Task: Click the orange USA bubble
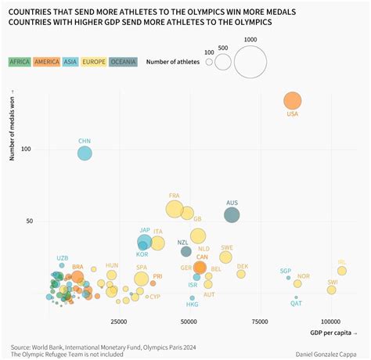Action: (292, 100)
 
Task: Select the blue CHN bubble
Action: (85, 153)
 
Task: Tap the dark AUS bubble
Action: (232, 214)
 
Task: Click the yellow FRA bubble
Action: (175, 209)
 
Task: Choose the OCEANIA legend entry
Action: (122, 62)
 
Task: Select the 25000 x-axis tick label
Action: (118, 321)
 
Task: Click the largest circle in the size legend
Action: (250, 62)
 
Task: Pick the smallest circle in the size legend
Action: (209, 64)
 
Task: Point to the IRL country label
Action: (341, 262)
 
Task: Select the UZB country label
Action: (63, 257)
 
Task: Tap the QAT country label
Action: (296, 303)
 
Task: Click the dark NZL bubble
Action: (186, 251)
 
